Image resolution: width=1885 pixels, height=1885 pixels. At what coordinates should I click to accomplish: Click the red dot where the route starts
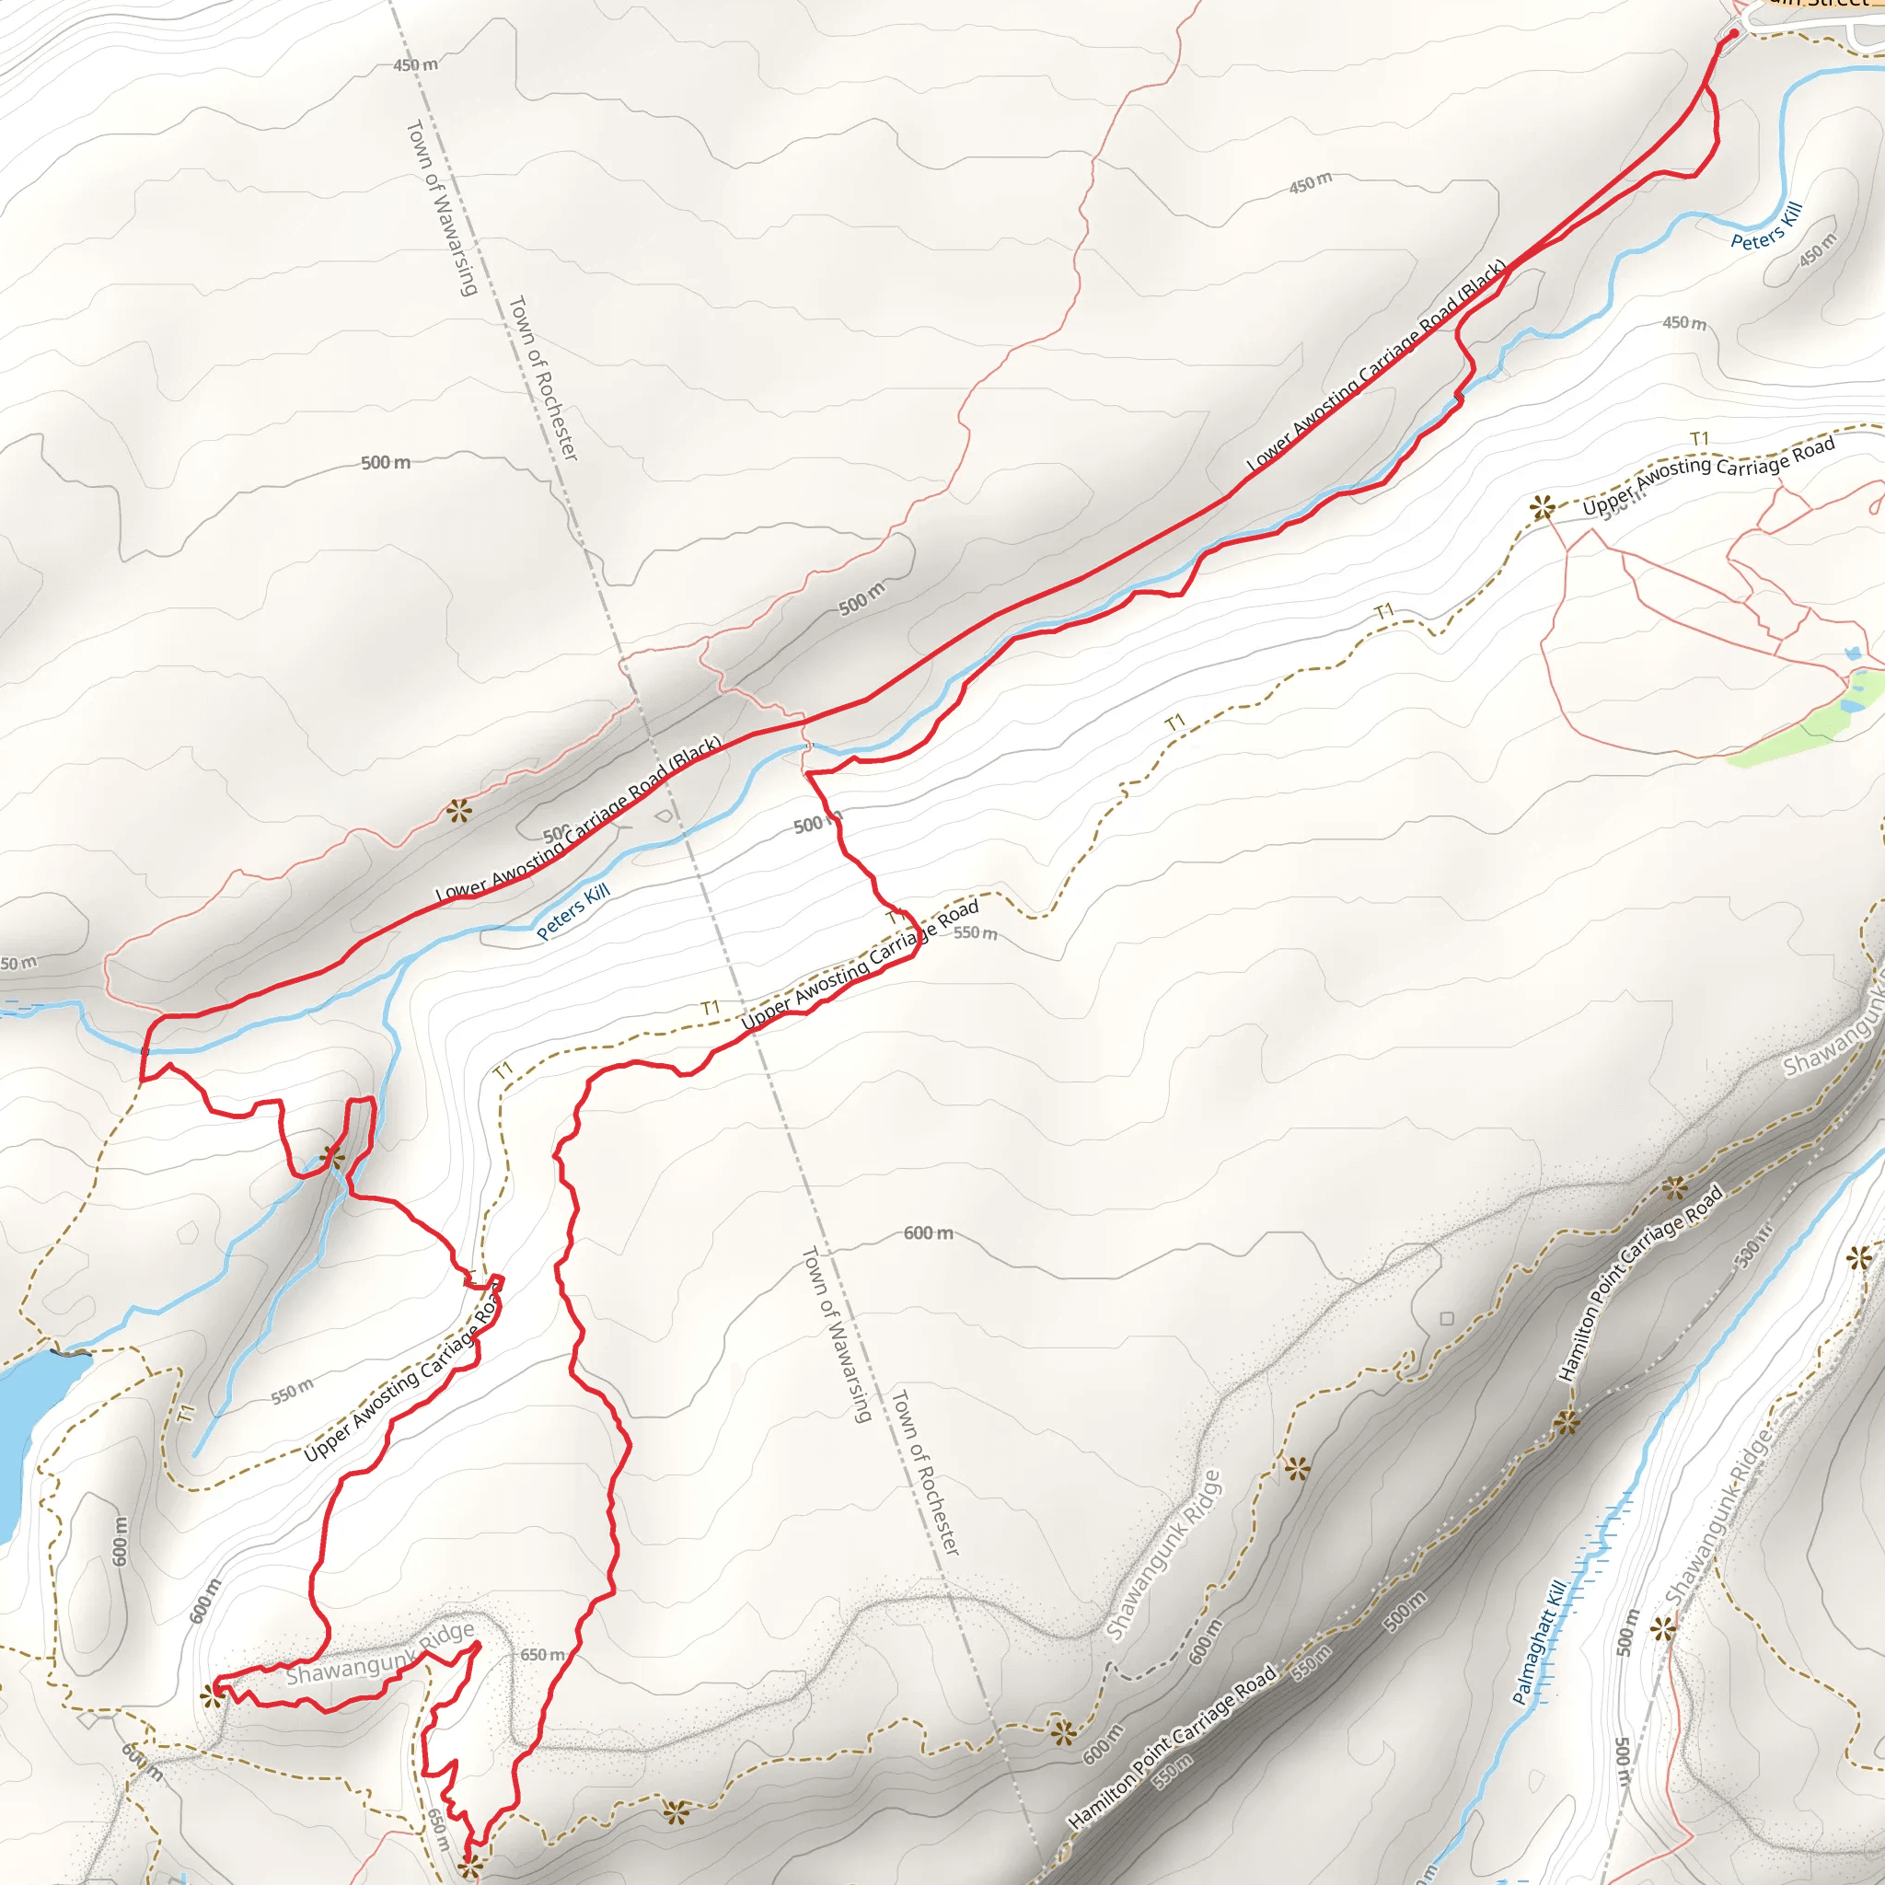click(1733, 34)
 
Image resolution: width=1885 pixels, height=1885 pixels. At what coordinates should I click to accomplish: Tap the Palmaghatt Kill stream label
click(1541, 1641)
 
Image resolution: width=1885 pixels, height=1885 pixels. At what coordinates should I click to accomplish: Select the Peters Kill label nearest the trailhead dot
click(1766, 226)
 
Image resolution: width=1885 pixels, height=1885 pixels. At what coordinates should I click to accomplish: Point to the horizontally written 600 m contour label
click(928, 1233)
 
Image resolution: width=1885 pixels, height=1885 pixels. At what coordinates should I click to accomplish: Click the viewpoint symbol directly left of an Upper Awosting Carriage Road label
click(1542, 507)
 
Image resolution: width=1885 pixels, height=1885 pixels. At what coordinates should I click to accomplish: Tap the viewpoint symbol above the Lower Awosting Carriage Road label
click(458, 810)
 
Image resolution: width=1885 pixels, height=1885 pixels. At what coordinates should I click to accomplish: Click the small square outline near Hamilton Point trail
click(1447, 1319)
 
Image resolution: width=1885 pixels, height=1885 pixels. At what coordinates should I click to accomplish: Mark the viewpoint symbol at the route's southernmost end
click(470, 1867)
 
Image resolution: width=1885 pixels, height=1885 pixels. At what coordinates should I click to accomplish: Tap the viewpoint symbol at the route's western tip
click(213, 1695)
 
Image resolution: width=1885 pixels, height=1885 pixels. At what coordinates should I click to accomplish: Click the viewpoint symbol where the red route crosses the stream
click(332, 1158)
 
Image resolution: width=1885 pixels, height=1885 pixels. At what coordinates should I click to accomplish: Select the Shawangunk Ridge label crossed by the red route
click(380, 1653)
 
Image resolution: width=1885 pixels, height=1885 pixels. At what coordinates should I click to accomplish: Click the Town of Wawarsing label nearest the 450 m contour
click(441, 208)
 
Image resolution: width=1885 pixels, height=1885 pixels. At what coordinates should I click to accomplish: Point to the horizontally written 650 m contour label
click(542, 1655)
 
